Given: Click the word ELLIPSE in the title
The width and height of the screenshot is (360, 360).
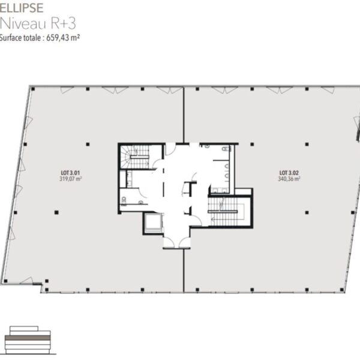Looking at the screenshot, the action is point(22,8).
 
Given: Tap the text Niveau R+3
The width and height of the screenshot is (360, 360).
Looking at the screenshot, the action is point(38,23).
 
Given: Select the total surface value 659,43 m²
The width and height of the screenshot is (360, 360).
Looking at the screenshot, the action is point(63,38).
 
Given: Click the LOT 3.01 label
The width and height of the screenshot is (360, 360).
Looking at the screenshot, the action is point(70,173).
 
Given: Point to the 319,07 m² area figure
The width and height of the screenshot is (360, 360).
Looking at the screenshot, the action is point(70,179).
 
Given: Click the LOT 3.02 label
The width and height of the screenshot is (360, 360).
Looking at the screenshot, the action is point(289,173).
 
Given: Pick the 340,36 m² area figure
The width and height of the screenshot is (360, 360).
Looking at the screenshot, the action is point(289,179).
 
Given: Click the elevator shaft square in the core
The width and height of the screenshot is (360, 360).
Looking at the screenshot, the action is point(153,223).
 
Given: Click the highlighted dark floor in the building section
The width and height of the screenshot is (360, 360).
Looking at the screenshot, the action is point(28,338).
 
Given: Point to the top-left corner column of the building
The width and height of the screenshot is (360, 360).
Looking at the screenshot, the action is point(33,89).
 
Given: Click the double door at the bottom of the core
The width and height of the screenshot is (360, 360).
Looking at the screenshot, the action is point(177,243).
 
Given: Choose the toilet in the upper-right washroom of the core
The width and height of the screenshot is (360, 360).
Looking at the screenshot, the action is point(226,149).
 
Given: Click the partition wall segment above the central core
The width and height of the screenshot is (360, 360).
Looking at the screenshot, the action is point(184,115).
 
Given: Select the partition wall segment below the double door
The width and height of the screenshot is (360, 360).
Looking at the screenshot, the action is point(184,271).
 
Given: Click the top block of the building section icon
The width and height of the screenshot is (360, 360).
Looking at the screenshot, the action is point(24,329).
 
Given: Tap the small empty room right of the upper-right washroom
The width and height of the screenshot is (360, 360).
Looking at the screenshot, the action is point(244,192).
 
